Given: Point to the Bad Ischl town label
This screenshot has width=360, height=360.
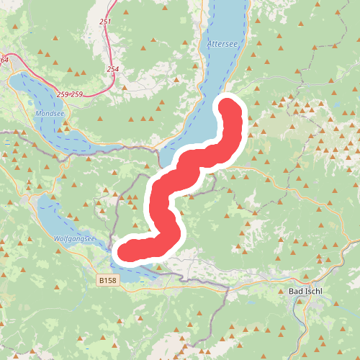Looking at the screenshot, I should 305,292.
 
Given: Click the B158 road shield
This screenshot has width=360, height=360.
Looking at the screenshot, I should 107,279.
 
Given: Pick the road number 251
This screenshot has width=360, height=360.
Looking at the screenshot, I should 106,22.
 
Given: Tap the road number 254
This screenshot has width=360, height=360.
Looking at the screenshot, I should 112,69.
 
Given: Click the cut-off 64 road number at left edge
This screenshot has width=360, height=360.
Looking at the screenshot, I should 4,60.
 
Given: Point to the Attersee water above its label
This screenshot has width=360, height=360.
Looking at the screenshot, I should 223,22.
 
